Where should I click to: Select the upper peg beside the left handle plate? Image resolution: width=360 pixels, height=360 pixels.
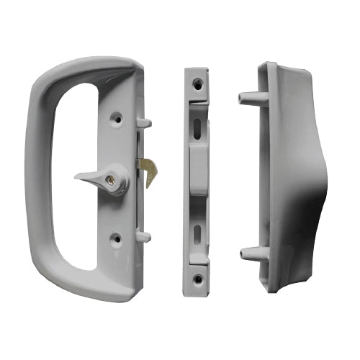point(143,122)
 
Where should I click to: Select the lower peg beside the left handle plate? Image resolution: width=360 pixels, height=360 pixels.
point(143,235)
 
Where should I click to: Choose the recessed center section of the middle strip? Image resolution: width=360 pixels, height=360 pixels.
point(197,180)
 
